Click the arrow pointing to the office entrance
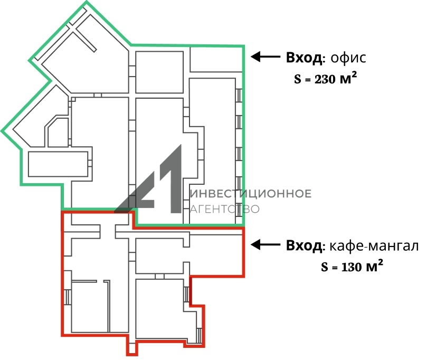point(265,57)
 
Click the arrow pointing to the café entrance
point(265,244)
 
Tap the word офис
point(348,58)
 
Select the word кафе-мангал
point(374,246)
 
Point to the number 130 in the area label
point(351,267)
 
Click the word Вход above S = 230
point(304,58)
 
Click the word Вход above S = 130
point(304,246)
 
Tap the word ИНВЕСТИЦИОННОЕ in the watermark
point(251,194)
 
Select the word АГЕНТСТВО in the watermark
point(225,209)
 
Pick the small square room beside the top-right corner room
point(159,72)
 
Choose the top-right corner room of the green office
point(216,59)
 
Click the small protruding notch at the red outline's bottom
point(132,348)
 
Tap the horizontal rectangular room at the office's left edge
point(58,164)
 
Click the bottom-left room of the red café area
point(90,307)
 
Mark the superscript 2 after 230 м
point(354,74)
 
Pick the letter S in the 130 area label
point(325,267)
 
